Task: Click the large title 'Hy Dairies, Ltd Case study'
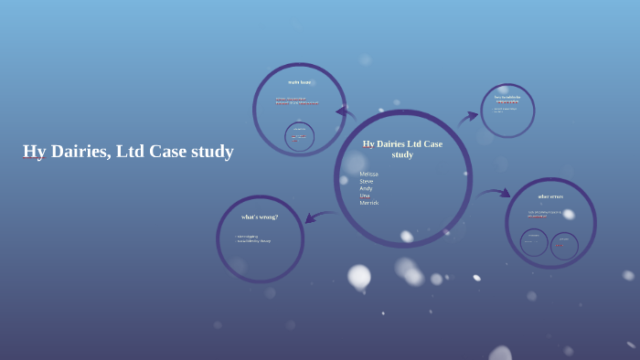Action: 128,152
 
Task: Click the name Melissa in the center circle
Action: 368,174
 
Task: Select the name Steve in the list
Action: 367,181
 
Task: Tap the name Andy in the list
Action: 366,188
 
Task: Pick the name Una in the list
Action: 365,196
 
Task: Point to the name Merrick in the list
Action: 369,203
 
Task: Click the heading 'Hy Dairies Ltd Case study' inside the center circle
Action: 402,149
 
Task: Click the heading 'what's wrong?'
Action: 260,217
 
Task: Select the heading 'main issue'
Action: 299,83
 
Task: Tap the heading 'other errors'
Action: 550,196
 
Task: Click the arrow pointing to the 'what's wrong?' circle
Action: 319,217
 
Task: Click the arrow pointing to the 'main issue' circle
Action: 346,113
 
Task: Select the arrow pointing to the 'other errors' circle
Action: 494,194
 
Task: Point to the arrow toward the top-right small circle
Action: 468,116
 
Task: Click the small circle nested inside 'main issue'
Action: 299,137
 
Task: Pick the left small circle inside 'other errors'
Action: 534,242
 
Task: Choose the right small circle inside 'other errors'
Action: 563,243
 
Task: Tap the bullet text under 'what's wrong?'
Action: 253,238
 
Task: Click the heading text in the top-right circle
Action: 507,99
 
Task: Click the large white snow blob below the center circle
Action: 359,275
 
